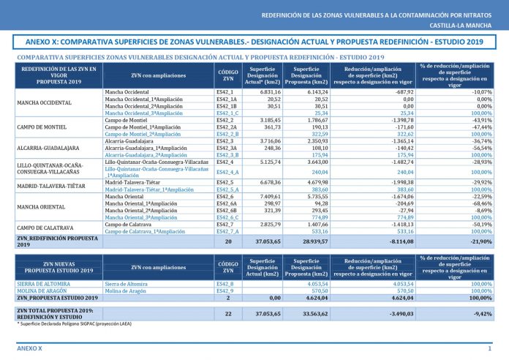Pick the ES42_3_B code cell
click(x=227, y=154)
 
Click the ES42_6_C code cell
click(x=227, y=217)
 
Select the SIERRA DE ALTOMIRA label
click(x=44, y=283)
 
